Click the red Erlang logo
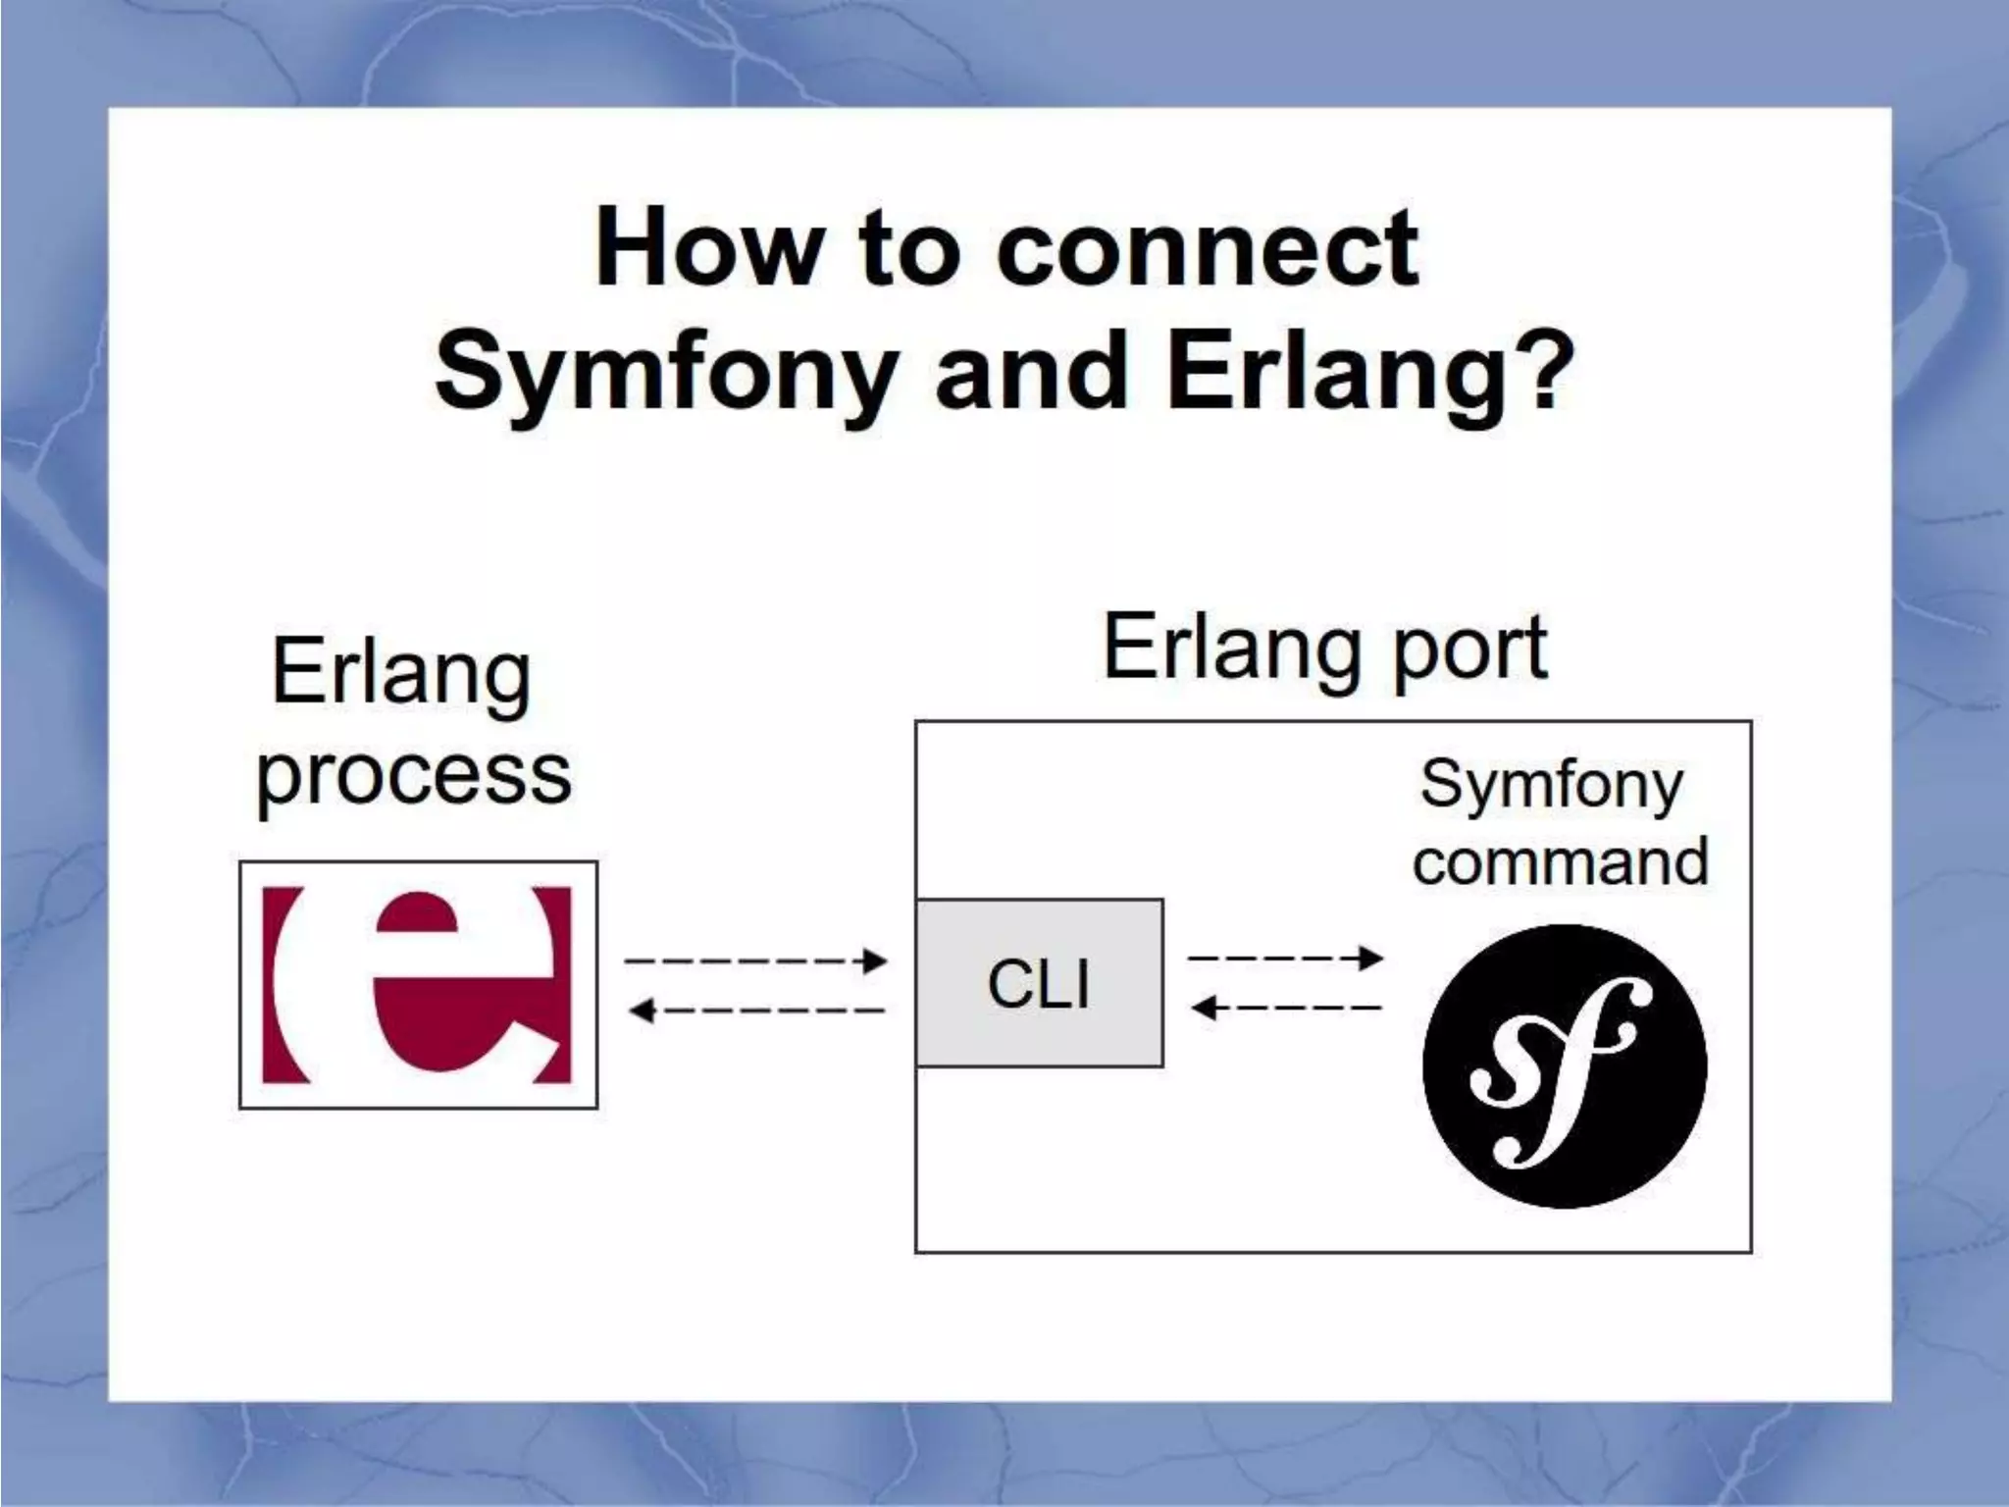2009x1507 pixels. point(419,984)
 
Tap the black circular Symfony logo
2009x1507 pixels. point(1565,1065)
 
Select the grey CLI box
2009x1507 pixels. point(1039,983)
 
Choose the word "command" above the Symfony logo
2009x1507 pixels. point(1560,861)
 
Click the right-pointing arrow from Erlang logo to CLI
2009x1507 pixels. point(755,961)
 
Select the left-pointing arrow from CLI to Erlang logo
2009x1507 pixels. point(755,1010)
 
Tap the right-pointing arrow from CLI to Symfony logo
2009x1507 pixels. point(1285,958)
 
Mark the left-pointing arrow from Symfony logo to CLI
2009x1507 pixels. point(1285,1007)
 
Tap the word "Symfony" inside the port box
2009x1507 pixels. point(1551,786)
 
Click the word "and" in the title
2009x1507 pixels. point(1031,373)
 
